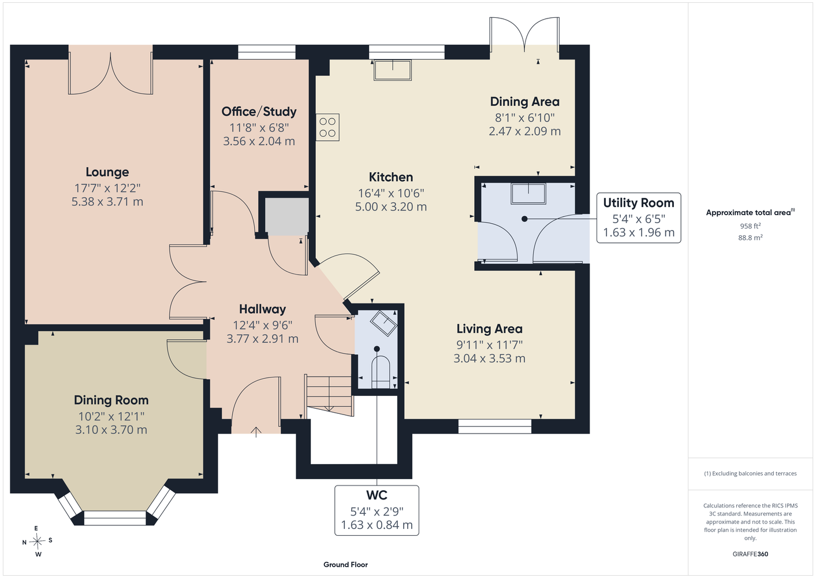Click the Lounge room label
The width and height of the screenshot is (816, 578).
(x=107, y=172)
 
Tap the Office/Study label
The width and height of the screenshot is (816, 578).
(x=259, y=112)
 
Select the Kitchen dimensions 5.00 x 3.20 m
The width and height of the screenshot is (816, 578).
(x=391, y=207)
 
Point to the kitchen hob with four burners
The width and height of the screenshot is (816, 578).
(x=327, y=127)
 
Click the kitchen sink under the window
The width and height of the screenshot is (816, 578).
(x=392, y=70)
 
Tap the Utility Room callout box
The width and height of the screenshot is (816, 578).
(x=639, y=218)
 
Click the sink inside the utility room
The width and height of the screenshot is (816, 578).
(x=528, y=194)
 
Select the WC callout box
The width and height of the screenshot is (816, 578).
(x=377, y=510)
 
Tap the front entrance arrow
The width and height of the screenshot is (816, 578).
(x=256, y=432)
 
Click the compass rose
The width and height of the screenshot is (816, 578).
(x=37, y=541)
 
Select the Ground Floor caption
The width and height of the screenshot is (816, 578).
(x=345, y=565)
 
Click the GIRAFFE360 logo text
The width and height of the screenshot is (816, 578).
(x=750, y=554)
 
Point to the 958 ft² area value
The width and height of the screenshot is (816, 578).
(x=750, y=226)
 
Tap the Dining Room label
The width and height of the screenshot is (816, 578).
(x=111, y=400)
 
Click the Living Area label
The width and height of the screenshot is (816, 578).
(x=489, y=329)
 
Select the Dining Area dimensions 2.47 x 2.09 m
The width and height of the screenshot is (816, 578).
(x=524, y=131)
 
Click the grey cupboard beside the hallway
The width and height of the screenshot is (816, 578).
(x=286, y=216)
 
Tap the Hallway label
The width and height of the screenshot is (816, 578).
(x=262, y=309)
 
